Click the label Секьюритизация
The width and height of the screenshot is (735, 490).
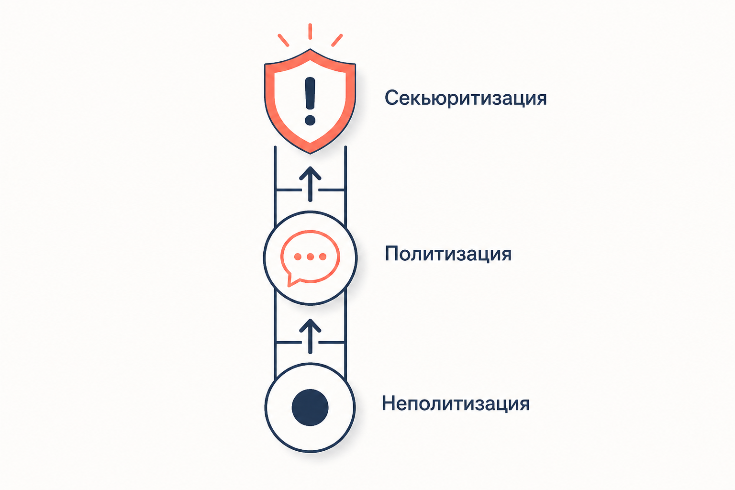[x=466, y=98]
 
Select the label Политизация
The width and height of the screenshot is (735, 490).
[x=448, y=254]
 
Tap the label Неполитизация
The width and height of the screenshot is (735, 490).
[x=456, y=403]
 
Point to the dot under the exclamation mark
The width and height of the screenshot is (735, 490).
[x=310, y=120]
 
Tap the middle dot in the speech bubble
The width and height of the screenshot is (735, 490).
[x=310, y=256]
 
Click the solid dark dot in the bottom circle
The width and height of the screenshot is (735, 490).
[x=310, y=407]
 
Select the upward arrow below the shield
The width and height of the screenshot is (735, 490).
[x=310, y=184]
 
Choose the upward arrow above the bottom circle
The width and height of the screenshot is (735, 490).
[x=310, y=336]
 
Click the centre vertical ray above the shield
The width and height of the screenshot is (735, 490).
[x=310, y=32]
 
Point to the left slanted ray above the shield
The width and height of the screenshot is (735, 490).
[x=283, y=40]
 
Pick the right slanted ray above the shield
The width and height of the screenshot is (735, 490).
[x=337, y=40]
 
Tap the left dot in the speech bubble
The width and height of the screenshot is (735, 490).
[x=298, y=256]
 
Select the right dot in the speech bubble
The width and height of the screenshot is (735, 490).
[x=323, y=256]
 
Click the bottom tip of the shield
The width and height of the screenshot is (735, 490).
[x=310, y=154]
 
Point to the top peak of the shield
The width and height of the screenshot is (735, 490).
[x=310, y=49]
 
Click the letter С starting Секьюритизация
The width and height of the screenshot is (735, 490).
[x=392, y=98]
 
